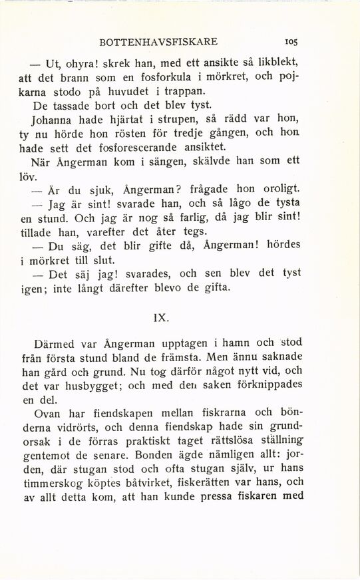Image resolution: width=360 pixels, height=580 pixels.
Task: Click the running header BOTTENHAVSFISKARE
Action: point(158,41)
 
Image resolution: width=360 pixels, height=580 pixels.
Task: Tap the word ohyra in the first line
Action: point(81,65)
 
